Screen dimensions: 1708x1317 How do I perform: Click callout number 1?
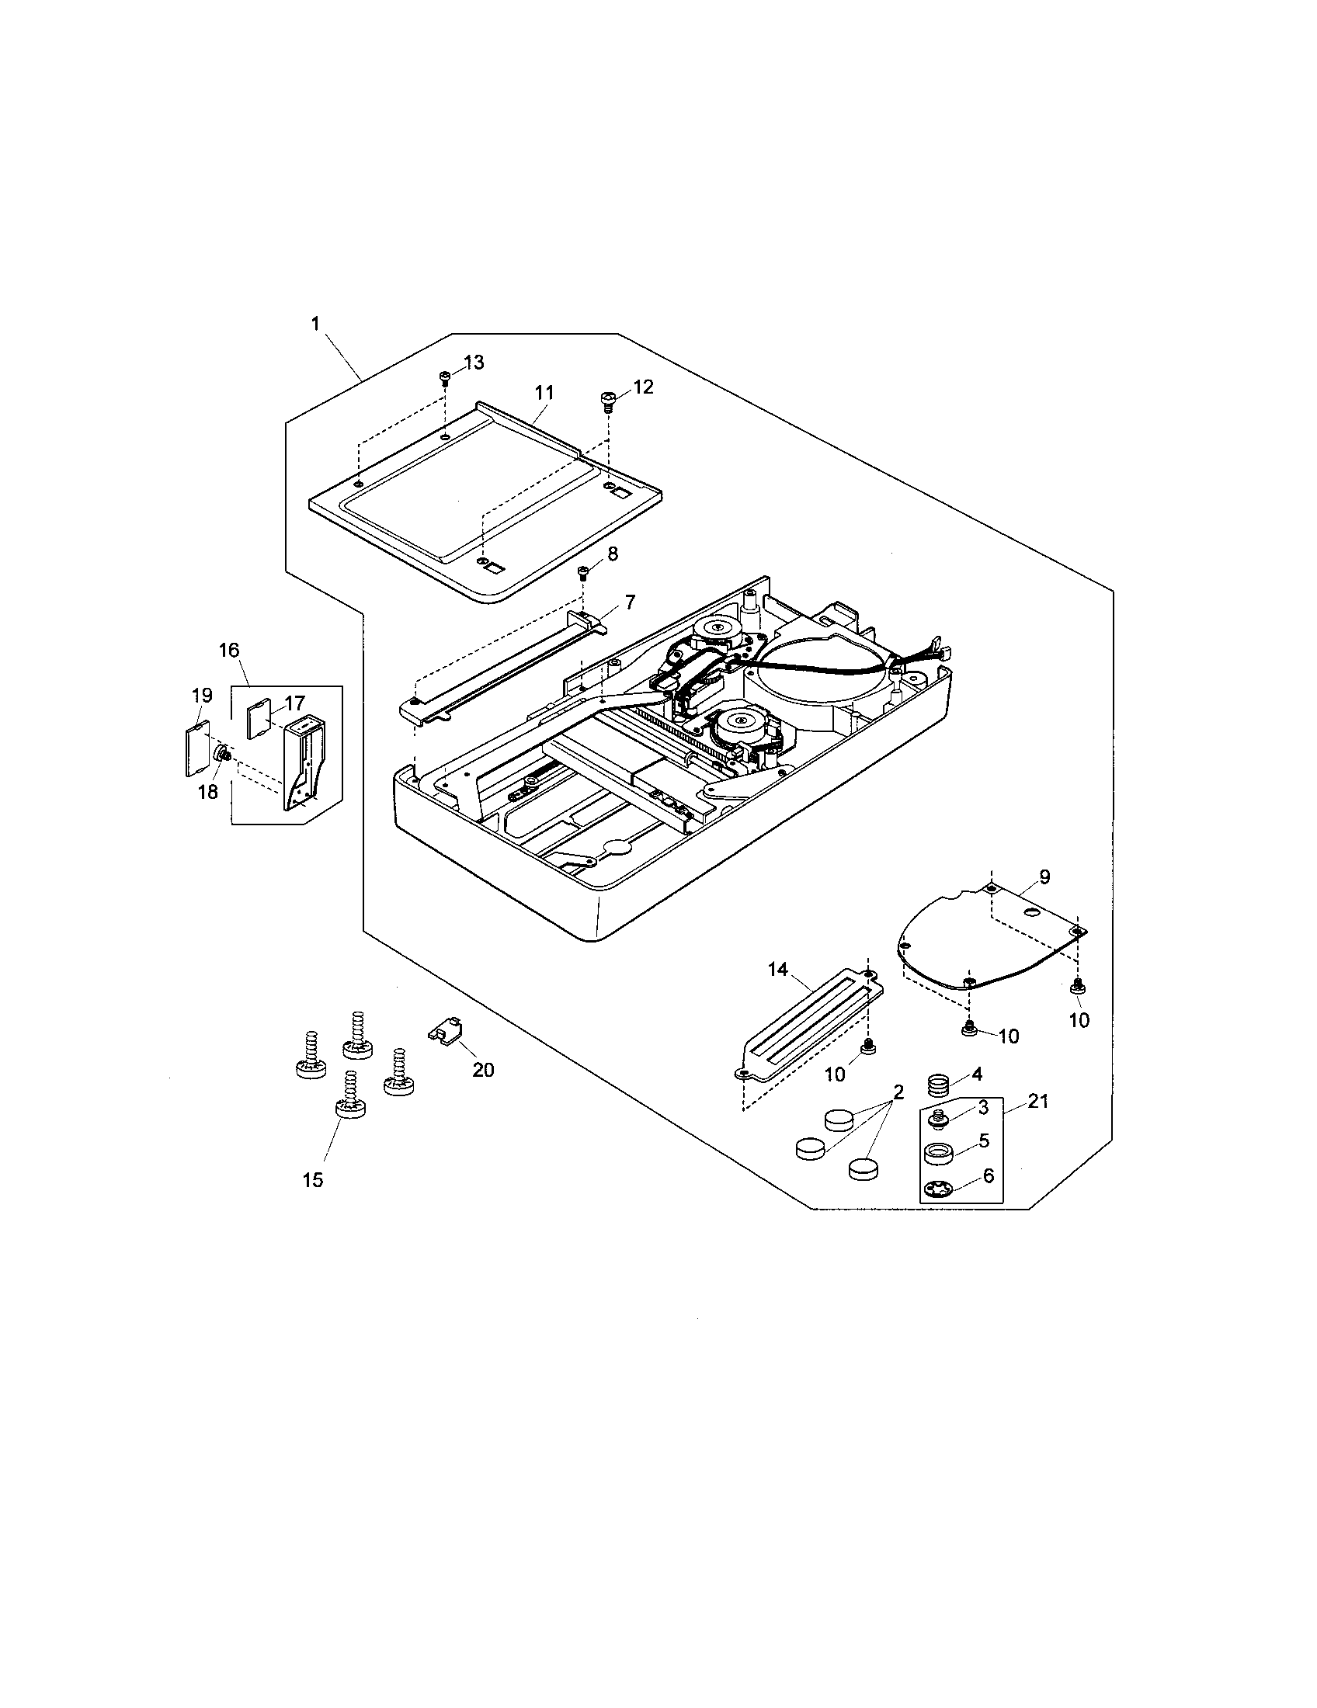coord(315,324)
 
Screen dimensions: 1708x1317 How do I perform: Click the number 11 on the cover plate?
coord(544,393)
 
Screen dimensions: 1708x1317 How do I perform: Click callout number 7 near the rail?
coord(630,602)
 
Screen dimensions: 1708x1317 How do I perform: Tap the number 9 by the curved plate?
coord(1045,877)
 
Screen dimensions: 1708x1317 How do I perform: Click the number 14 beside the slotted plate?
coord(777,970)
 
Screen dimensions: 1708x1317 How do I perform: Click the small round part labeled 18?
coord(222,754)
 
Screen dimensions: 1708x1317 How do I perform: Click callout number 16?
coord(229,651)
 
